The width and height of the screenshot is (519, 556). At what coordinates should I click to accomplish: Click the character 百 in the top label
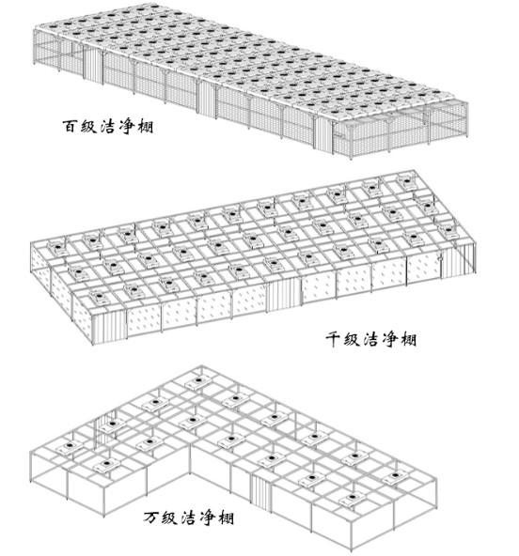[x=70, y=126]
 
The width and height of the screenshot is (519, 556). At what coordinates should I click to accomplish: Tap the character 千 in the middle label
[x=335, y=339]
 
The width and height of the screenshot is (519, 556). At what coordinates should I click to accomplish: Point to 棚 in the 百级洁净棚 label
[x=146, y=126]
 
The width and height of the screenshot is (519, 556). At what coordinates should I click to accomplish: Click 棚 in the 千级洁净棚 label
[x=408, y=339]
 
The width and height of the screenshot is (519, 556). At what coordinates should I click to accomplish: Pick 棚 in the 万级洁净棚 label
[x=226, y=517]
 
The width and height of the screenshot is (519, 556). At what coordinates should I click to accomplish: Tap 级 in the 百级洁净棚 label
[x=89, y=126]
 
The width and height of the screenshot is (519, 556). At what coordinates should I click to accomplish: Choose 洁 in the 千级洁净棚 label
[x=371, y=339]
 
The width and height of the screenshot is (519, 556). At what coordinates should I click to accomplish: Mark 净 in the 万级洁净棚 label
[x=208, y=517]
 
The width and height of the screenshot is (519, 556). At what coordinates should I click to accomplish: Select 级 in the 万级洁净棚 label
[x=170, y=517]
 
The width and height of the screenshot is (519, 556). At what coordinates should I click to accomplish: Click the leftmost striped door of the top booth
[x=93, y=65]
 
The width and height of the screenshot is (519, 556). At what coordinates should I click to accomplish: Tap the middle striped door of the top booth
[x=207, y=98]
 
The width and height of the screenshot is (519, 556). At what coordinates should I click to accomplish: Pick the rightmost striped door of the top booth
[x=323, y=133]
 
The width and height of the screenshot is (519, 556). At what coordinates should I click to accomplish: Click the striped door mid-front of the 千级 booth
[x=284, y=294]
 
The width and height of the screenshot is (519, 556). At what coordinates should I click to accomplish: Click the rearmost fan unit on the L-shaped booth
[x=198, y=382]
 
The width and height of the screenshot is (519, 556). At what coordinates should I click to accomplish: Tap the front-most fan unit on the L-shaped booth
[x=352, y=500]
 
